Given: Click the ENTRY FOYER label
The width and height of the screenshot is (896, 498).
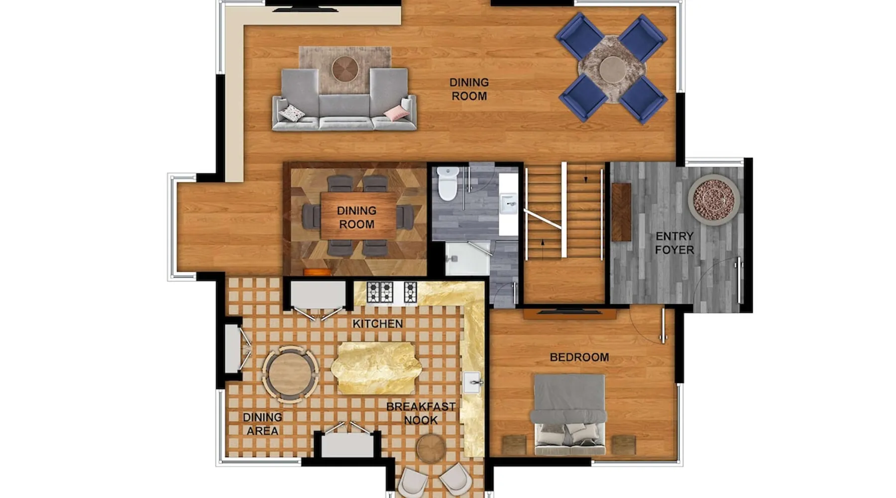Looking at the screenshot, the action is point(674,243).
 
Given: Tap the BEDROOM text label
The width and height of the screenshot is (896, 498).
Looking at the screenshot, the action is point(579,357).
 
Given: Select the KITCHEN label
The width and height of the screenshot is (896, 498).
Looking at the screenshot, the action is point(378,324).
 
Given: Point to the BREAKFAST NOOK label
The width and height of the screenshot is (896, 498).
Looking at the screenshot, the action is point(421,413).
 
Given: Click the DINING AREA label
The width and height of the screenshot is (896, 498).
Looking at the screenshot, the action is point(262,424).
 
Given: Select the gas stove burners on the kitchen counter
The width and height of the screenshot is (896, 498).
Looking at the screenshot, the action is point(392,292).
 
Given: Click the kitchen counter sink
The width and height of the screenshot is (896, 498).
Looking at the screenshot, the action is point(472,382).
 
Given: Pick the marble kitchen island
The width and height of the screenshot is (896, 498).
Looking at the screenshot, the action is point(376,368).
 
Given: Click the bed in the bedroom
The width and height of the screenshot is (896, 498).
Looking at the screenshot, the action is point(570,415).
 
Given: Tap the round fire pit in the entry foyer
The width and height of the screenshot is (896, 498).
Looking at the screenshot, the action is point(714,200).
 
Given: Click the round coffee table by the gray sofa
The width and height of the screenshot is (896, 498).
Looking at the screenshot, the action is point(345,69).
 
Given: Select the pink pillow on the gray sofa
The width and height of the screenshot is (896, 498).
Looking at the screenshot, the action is point(397,113).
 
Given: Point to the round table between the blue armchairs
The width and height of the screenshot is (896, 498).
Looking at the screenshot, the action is point(612,69).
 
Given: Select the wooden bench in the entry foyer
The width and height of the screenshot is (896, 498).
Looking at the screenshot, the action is point(621,212).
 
